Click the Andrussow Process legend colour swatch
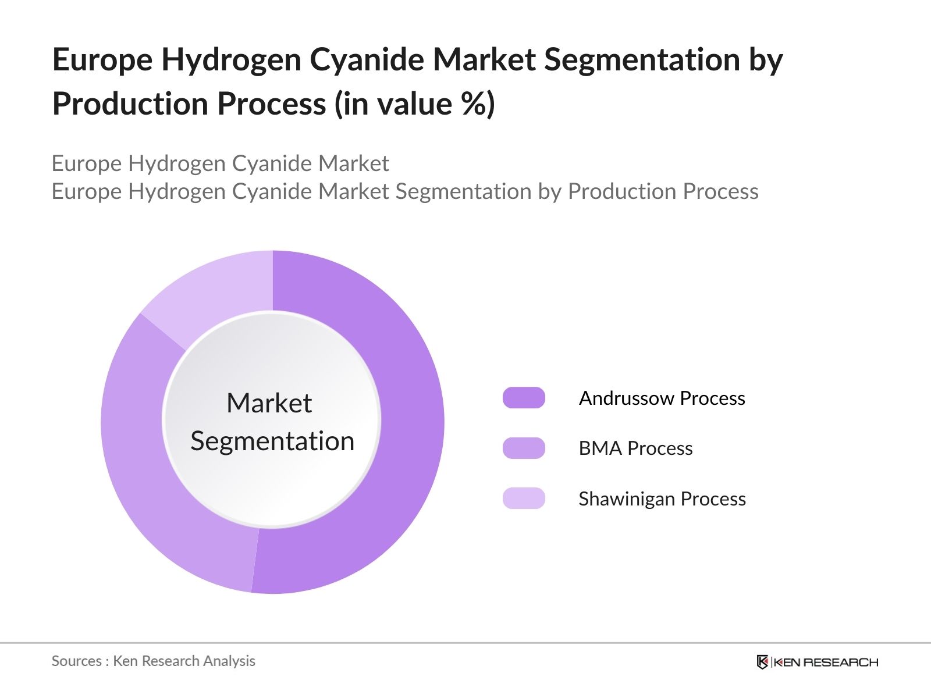tap(524, 398)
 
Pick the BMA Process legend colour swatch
tap(524, 448)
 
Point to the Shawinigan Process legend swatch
tap(524, 498)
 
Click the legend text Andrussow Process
tap(662, 398)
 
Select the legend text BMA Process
tap(635, 448)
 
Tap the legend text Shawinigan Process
tap(662, 499)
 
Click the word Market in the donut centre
tap(269, 403)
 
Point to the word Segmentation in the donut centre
tap(272, 441)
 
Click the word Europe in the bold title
tap(102, 60)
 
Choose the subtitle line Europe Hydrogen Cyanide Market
tap(220, 163)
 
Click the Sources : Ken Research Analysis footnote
tap(153, 661)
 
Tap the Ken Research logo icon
tap(762, 662)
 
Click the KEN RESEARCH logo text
tap(826, 662)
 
